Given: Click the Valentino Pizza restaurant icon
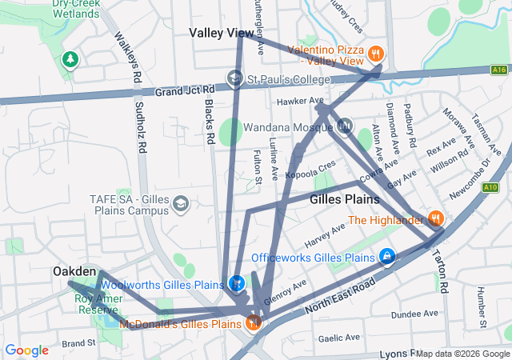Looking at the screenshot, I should [375, 54].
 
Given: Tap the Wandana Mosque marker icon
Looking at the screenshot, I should [345, 126].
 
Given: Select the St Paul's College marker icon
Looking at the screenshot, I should [235, 79].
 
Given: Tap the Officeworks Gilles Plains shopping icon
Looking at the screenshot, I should [386, 257].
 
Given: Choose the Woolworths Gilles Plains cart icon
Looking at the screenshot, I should [237, 284].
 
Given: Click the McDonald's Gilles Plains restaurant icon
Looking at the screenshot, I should [253, 323].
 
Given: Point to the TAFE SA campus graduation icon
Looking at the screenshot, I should [180, 204].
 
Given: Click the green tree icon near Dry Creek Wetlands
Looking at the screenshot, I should [70, 59].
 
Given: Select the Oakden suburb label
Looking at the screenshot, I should [74, 272].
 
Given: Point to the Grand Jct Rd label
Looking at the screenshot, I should [186, 90].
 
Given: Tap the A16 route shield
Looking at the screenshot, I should [500, 70].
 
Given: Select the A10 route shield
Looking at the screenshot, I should [490, 188].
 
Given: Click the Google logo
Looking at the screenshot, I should [26, 350].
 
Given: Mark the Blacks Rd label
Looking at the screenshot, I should [208, 125].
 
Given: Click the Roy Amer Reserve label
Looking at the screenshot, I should [99, 304].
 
